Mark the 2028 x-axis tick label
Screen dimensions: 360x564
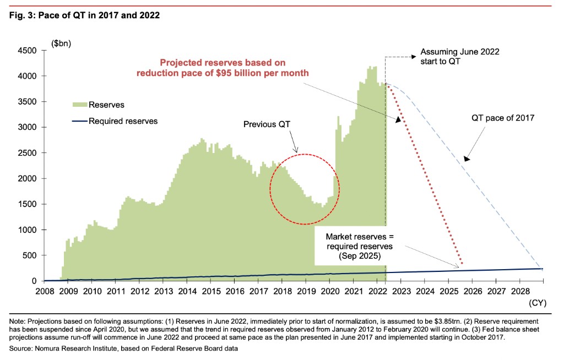pyautogui.click(x=521, y=291)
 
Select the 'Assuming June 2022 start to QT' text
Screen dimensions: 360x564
pyautogui.click(x=459, y=56)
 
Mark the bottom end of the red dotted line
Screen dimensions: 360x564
pyautogui.click(x=461, y=264)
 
